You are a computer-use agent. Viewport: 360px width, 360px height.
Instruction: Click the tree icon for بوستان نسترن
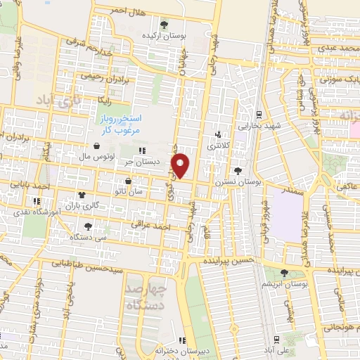coord(238,171)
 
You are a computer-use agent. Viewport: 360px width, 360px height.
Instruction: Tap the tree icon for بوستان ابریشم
coord(284,272)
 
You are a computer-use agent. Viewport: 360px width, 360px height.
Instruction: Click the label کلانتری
coord(221,145)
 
